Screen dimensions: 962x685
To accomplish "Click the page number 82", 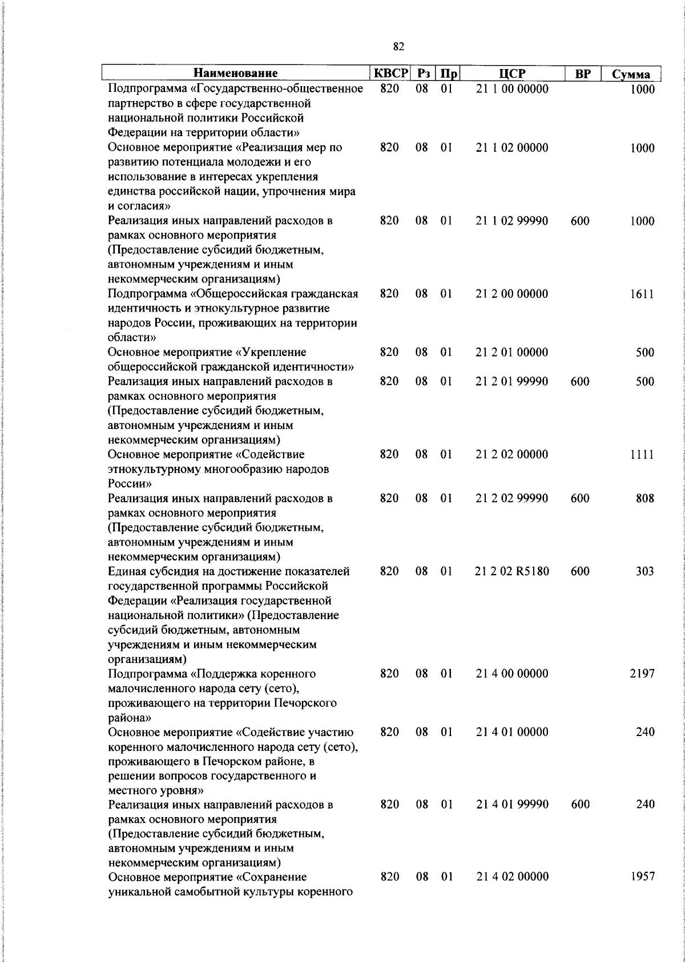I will (399, 47).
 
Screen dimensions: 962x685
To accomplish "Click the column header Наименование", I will (236, 74).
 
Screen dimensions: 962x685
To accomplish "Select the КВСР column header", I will (391, 74).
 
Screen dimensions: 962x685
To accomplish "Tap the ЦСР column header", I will (512, 74).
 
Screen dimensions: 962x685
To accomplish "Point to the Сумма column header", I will (631, 75).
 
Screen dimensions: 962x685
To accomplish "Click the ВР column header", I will (582, 74).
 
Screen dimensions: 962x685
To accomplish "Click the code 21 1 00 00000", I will (512, 89).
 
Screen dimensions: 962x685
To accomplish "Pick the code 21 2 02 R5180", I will (512, 571).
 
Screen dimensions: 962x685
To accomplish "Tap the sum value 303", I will (645, 571).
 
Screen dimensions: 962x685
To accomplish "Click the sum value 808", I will (645, 498).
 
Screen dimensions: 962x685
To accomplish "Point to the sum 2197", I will (642, 673).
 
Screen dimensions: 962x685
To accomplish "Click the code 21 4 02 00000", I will (512, 876).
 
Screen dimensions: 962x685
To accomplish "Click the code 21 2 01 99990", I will (512, 382).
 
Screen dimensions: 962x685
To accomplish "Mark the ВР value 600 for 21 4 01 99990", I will (580, 804).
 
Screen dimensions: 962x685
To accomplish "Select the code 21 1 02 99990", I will (512, 221).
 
